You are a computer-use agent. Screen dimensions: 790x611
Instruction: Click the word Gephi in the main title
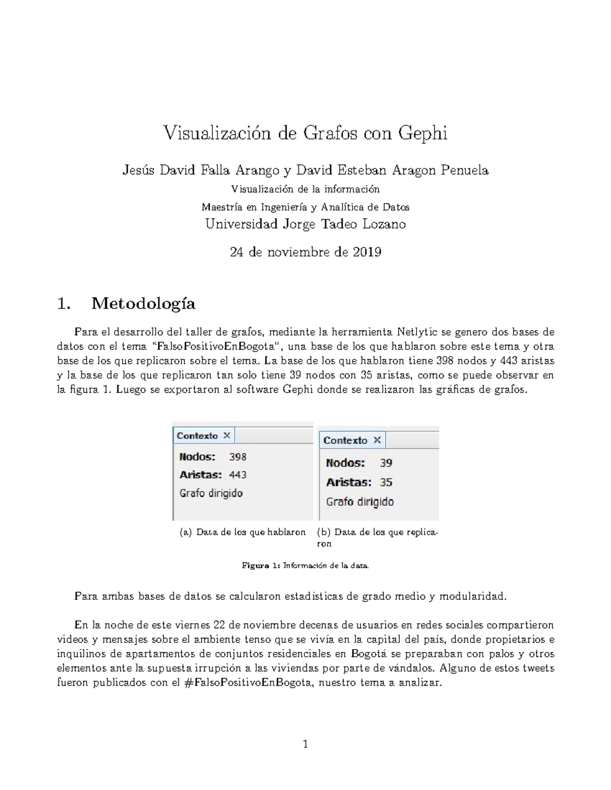[423, 134]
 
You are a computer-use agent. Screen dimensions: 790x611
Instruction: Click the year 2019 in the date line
[366, 252]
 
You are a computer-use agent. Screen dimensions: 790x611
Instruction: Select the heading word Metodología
[143, 304]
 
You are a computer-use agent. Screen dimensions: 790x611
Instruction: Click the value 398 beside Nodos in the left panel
[238, 457]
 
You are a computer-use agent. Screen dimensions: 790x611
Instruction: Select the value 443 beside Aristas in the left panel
[238, 475]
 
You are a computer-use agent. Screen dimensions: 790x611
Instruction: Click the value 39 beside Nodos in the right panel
[386, 463]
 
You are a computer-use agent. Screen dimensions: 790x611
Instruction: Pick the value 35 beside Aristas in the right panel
[386, 482]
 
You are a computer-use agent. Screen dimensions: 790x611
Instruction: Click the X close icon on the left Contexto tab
[227, 435]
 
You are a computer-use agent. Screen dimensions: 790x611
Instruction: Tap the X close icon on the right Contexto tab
[377, 440]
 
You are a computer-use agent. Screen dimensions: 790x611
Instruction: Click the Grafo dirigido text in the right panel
[360, 502]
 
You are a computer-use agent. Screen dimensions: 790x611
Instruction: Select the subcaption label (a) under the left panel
[186, 532]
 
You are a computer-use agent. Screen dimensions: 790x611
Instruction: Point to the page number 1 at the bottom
[305, 744]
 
